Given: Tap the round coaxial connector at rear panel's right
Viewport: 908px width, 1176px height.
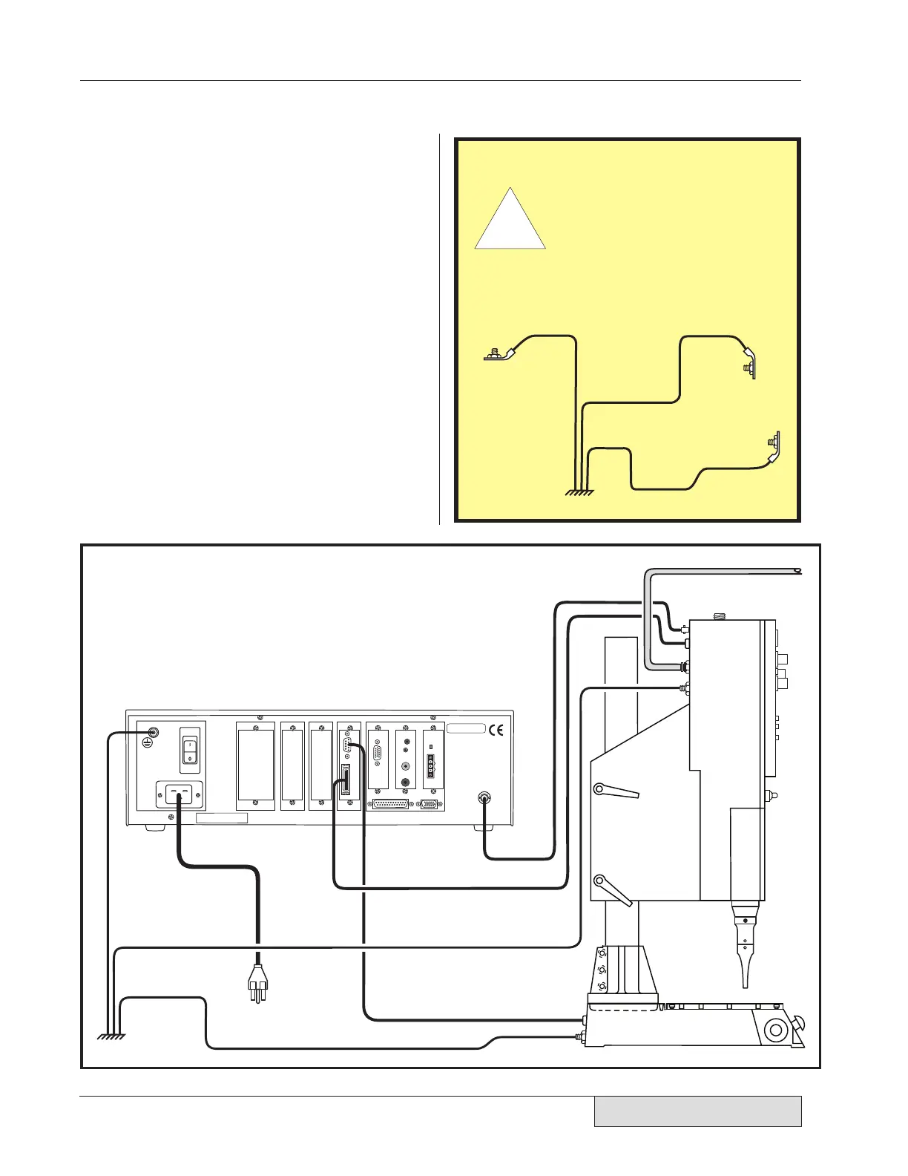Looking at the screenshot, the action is pos(484,798).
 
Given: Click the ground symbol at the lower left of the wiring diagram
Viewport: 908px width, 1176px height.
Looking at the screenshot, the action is pos(112,1036).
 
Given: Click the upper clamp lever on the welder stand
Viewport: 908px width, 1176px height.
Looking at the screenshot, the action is pos(617,791).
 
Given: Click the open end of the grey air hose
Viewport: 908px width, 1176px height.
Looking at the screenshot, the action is pos(797,571).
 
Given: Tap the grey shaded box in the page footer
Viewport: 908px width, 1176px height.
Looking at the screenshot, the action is pos(697,1111).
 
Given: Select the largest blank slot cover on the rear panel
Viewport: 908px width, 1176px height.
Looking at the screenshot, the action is pos(255,766).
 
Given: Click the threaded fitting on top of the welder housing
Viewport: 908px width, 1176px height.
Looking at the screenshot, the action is pos(717,616).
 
